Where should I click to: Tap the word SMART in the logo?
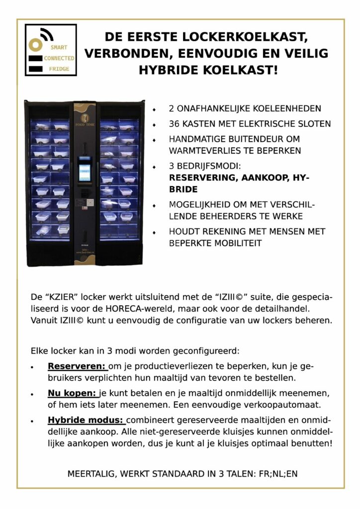point(58,48)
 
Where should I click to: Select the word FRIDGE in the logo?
point(59,69)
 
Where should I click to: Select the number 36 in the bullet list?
point(174,124)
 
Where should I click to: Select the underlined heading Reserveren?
point(78,366)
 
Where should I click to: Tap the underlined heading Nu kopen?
point(73,393)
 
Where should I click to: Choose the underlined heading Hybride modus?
point(87,420)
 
